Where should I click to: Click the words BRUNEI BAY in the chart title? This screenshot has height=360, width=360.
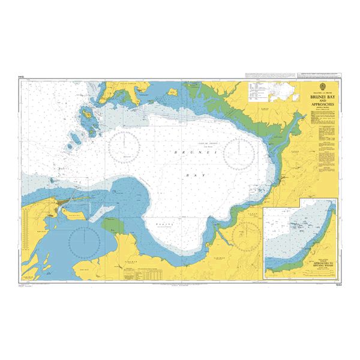tap(322, 95)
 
